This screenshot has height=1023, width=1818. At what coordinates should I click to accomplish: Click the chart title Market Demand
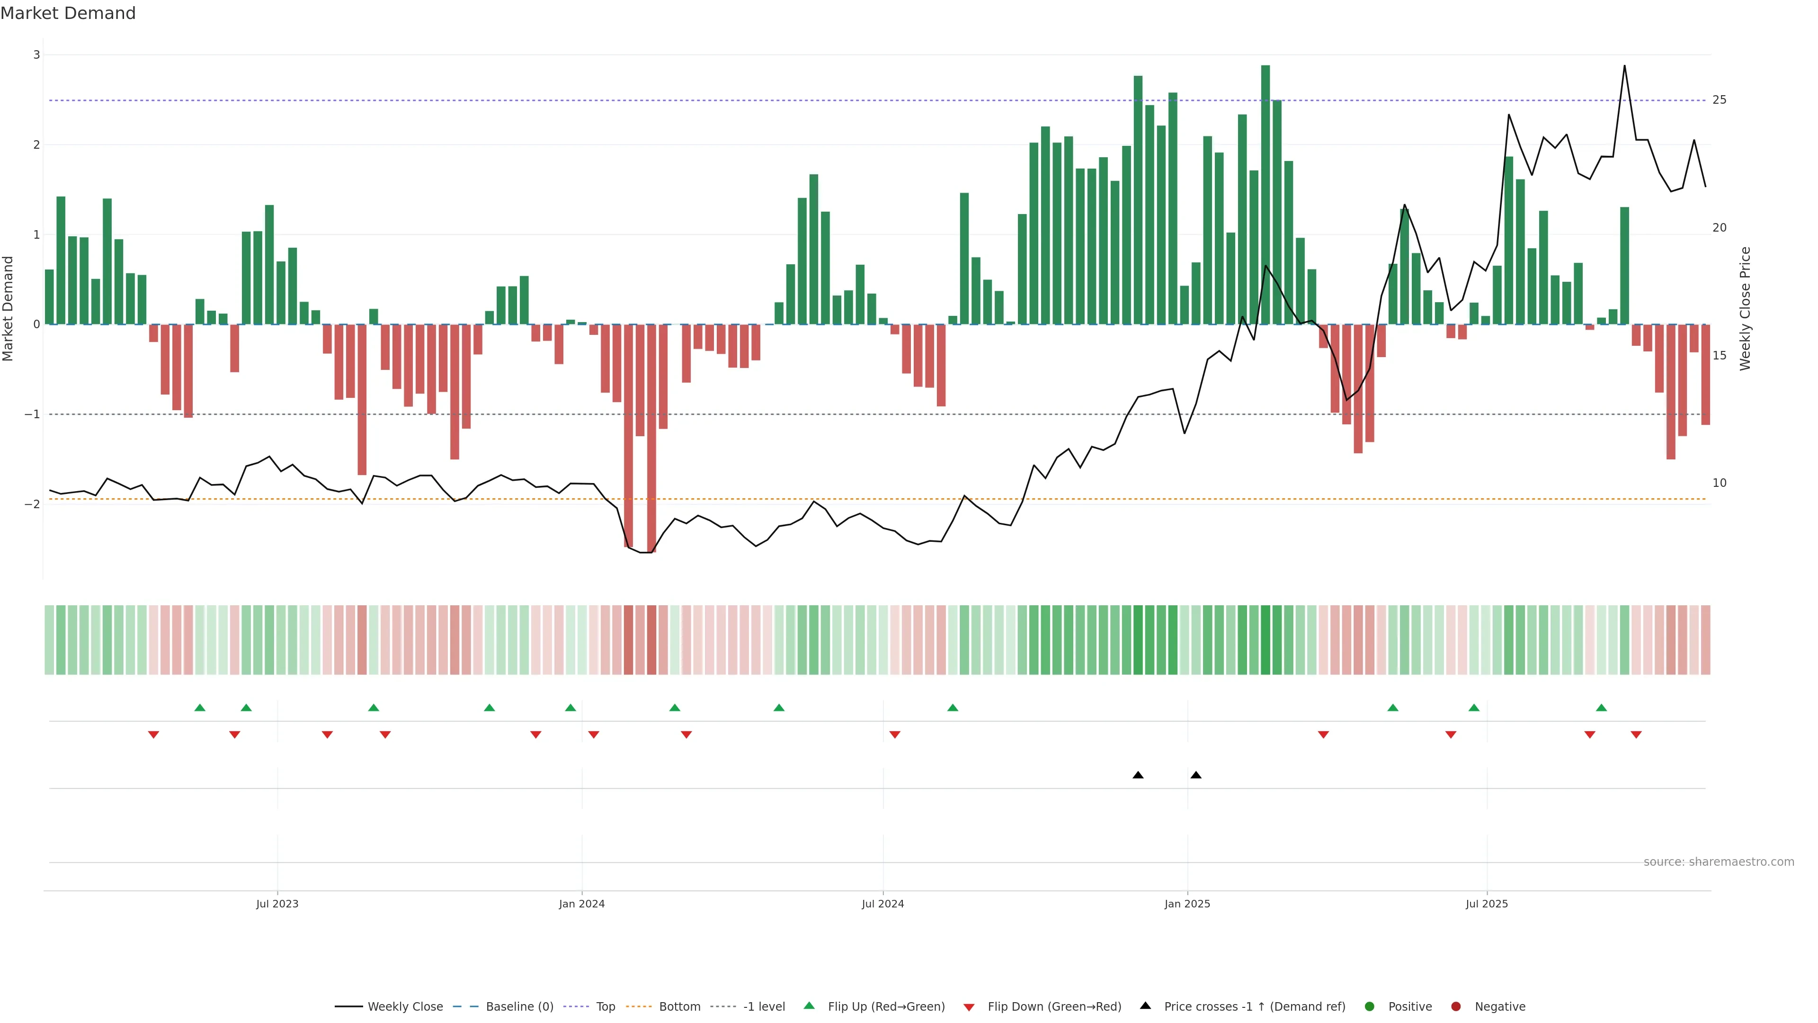pyautogui.click(x=68, y=13)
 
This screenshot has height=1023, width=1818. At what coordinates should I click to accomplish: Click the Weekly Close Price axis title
pyautogui.click(x=1745, y=308)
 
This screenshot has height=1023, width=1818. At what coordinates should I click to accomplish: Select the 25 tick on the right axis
pyautogui.click(x=1719, y=100)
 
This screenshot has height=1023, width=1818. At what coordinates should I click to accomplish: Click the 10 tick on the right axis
pyautogui.click(x=1719, y=484)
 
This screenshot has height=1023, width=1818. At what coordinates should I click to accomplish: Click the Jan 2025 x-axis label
pyautogui.click(x=1187, y=904)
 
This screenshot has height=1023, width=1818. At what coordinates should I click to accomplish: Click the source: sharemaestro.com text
pyautogui.click(x=1719, y=862)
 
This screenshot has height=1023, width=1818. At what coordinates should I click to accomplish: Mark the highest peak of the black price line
pyautogui.click(x=1625, y=66)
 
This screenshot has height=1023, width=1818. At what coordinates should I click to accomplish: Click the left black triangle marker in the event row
pyautogui.click(x=1138, y=775)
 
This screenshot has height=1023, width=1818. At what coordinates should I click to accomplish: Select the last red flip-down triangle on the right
pyautogui.click(x=1636, y=735)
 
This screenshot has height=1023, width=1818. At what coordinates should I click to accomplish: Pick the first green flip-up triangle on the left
pyautogui.click(x=200, y=708)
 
